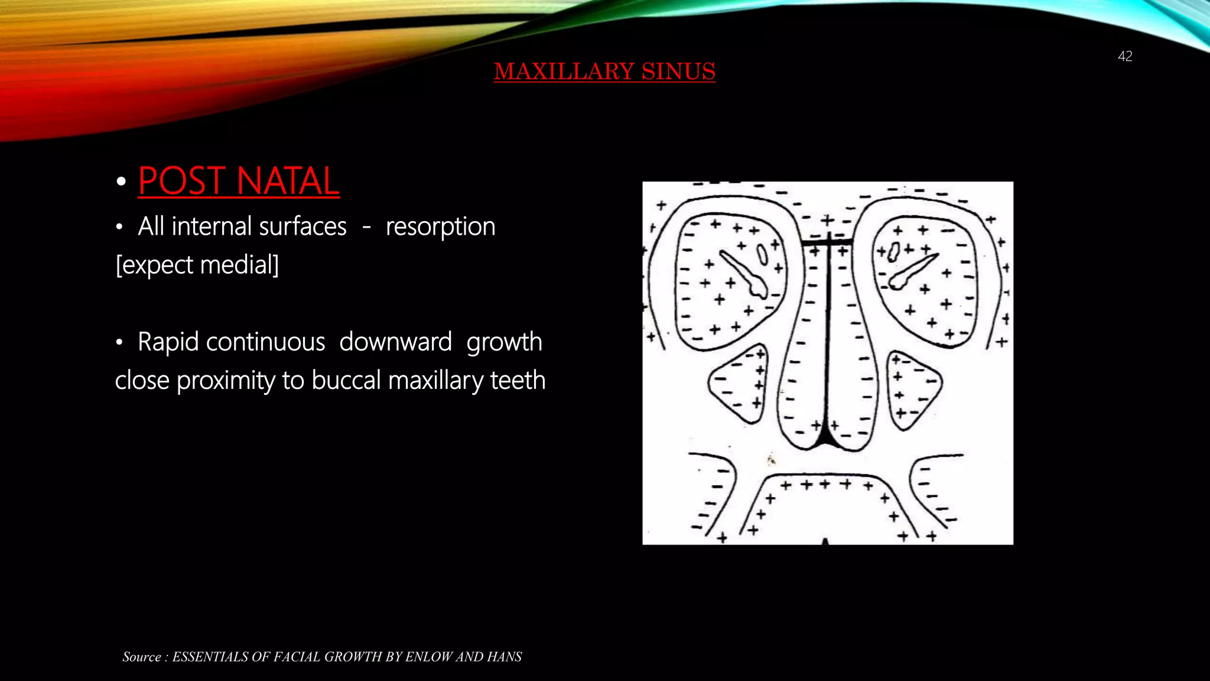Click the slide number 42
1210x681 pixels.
pos(1125,56)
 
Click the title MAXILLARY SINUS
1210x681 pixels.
pos(604,72)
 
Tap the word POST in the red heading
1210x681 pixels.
pos(181,181)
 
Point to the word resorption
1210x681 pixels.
pos(440,226)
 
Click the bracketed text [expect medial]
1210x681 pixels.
pos(197,265)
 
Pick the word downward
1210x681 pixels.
pos(395,342)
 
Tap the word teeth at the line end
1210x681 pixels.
pos(518,380)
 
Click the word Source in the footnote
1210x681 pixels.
pos(142,657)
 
